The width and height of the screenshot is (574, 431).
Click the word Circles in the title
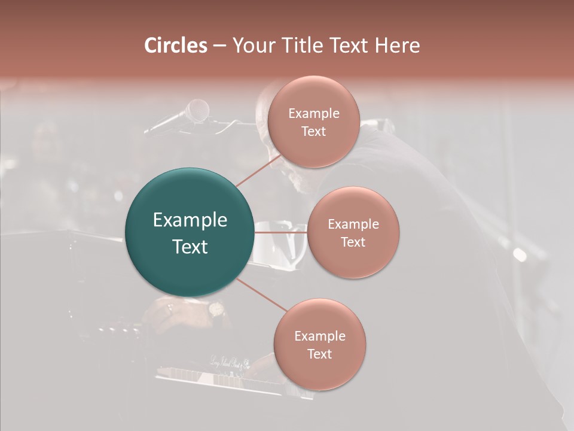click(175, 45)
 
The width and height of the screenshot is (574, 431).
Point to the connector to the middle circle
click(281, 232)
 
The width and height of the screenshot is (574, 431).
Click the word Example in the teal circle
click(190, 220)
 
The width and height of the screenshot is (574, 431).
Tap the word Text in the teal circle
click(190, 247)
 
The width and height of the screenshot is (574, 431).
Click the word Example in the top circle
click(313, 114)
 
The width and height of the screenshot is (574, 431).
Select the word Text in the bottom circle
click(319, 354)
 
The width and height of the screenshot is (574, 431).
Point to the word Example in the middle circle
click(353, 224)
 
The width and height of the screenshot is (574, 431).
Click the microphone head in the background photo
click(197, 110)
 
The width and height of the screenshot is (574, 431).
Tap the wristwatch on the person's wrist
click(216, 309)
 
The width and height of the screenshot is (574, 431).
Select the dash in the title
click(219, 46)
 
